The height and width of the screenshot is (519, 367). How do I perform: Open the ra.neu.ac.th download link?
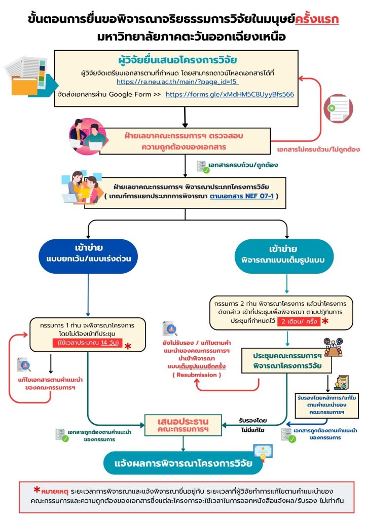tap(177, 82)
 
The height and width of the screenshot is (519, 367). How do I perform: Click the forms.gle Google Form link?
tap(230, 94)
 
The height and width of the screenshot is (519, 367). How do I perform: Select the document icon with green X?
tap(338, 108)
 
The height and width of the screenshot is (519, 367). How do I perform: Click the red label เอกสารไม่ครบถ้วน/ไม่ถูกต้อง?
tap(318, 151)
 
